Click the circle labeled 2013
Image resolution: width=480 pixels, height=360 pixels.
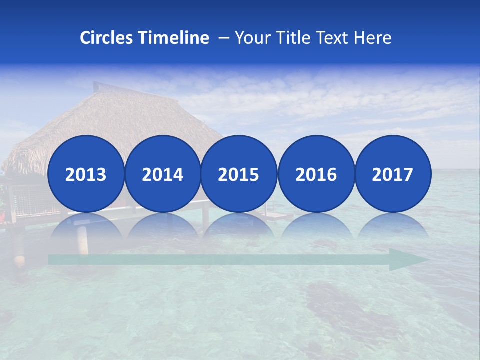[x=86, y=174]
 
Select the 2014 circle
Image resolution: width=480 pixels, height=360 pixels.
[x=162, y=174]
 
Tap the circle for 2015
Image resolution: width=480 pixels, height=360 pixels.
[x=239, y=174]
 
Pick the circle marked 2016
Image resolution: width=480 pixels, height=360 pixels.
[x=316, y=174]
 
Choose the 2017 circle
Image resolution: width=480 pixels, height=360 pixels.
[x=392, y=174]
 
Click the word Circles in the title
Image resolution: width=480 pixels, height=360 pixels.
[x=106, y=38]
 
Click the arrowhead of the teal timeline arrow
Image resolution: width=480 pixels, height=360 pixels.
[x=407, y=260]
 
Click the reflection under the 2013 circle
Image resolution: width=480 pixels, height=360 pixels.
[x=86, y=227]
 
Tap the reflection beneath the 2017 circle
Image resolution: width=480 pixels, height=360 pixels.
[x=392, y=227]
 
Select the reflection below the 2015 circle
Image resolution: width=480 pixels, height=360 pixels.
[x=239, y=227]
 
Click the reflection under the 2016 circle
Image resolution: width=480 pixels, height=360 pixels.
[x=316, y=227]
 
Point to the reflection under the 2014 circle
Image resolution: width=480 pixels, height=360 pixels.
[x=162, y=227]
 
